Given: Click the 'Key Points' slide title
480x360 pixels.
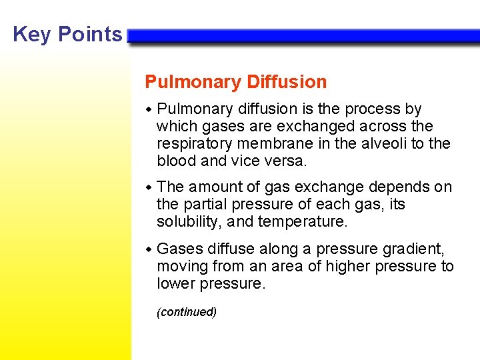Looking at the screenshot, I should pyautogui.click(x=67, y=34).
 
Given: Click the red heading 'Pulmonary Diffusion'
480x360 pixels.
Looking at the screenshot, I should pyautogui.click(x=236, y=82).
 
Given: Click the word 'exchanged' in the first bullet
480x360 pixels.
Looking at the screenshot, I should pyautogui.click(x=299, y=126).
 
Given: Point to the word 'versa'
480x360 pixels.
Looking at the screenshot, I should pyautogui.click(x=287, y=161).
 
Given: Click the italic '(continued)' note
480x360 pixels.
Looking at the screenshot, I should pyautogui.click(x=187, y=312).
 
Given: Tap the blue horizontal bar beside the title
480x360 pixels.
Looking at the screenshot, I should pyautogui.click(x=303, y=36).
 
